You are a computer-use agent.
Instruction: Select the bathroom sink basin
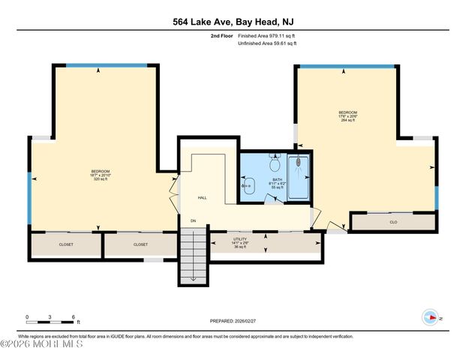point(246,185)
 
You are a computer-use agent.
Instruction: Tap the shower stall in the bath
point(298,178)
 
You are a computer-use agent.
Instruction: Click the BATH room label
point(277,180)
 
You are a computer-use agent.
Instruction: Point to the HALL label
point(202,198)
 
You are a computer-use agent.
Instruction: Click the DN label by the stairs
point(193,220)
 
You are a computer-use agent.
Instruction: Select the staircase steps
point(194,255)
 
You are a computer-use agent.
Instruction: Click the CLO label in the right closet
point(392,222)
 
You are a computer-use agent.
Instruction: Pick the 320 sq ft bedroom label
point(101,175)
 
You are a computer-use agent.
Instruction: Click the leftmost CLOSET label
point(67,244)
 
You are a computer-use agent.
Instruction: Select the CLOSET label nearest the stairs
point(140,244)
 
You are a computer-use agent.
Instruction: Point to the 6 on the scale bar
point(74,317)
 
